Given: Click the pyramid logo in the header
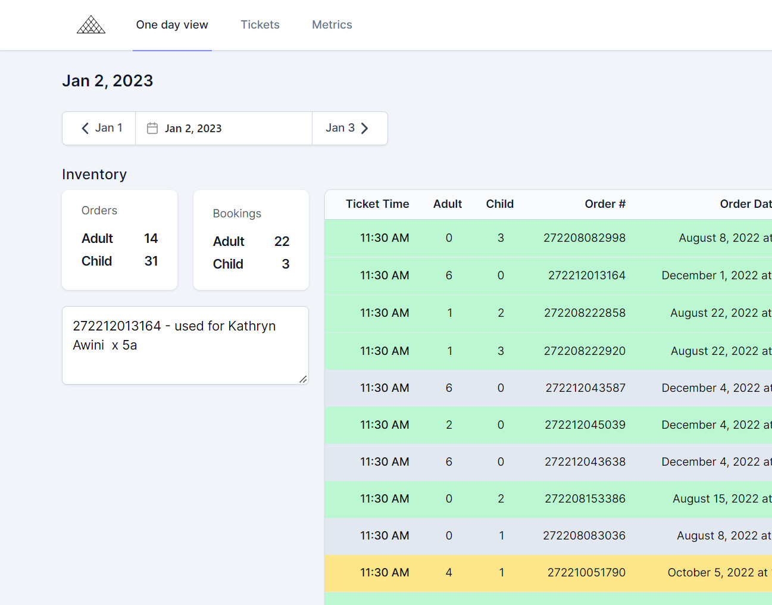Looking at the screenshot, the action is pyautogui.click(x=91, y=24).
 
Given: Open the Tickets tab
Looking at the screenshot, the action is pyautogui.click(x=260, y=24).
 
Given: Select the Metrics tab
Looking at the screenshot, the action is pyautogui.click(x=332, y=24).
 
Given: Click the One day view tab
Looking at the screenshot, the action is pyautogui.click(x=172, y=25).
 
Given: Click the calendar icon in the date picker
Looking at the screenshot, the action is pyautogui.click(x=152, y=128).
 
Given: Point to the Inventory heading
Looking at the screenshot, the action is pyautogui.click(x=94, y=174).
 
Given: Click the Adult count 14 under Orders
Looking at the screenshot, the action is pyautogui.click(x=151, y=238).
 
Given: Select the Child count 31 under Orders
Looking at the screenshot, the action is pyautogui.click(x=151, y=261).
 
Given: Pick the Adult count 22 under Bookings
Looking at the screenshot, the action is pyautogui.click(x=282, y=241).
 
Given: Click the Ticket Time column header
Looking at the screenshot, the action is pyautogui.click(x=377, y=204).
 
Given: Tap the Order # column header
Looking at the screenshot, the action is pyautogui.click(x=605, y=204).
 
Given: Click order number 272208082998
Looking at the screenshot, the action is pyautogui.click(x=585, y=238).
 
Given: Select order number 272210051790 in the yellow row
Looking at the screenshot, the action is pyautogui.click(x=586, y=572).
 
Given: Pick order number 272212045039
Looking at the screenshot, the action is pyautogui.click(x=585, y=425).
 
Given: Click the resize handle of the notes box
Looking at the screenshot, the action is pyautogui.click(x=303, y=379).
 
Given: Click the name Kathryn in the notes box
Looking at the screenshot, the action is pyautogui.click(x=252, y=326).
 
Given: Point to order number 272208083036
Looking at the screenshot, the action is pyautogui.click(x=584, y=535).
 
